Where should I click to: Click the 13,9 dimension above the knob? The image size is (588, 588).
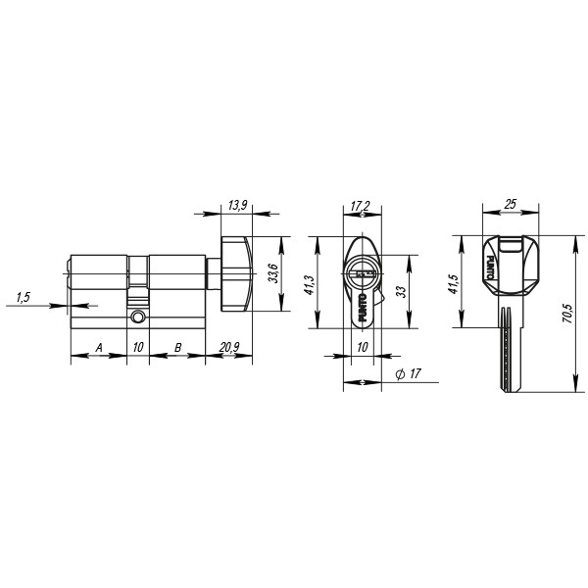tap(236, 206)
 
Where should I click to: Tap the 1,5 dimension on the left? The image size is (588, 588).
tap(23, 295)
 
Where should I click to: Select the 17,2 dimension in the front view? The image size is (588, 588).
tap(360, 206)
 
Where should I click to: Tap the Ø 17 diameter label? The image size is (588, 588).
tap(407, 374)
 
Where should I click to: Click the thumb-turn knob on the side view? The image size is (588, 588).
tap(236, 270)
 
